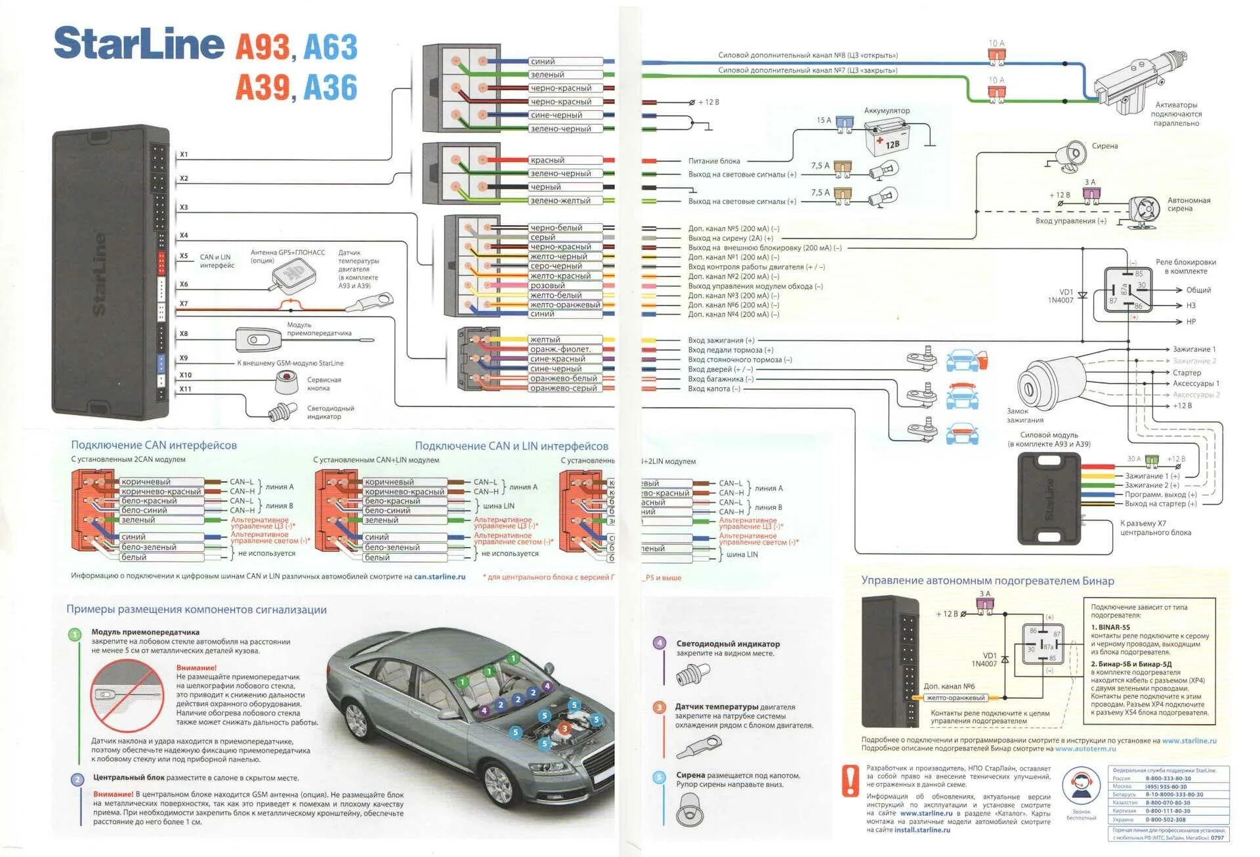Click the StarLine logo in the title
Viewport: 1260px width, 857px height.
click(x=138, y=44)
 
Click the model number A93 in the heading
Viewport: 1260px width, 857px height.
click(x=262, y=47)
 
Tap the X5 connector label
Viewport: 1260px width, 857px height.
click(x=184, y=257)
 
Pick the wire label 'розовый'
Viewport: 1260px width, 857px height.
click(x=548, y=285)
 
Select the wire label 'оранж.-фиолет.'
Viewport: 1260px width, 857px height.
click(x=560, y=349)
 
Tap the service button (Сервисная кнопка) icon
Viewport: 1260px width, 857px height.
click(x=286, y=381)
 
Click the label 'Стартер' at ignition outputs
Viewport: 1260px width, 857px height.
click(x=1186, y=373)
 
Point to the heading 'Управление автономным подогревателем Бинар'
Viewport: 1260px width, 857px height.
click(x=987, y=581)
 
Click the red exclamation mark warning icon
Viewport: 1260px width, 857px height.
click(x=850, y=781)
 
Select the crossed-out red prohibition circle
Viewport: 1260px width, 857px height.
click(x=127, y=695)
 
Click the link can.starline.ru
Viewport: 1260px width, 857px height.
click(x=439, y=577)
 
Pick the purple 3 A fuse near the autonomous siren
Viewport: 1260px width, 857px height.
click(x=1091, y=194)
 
